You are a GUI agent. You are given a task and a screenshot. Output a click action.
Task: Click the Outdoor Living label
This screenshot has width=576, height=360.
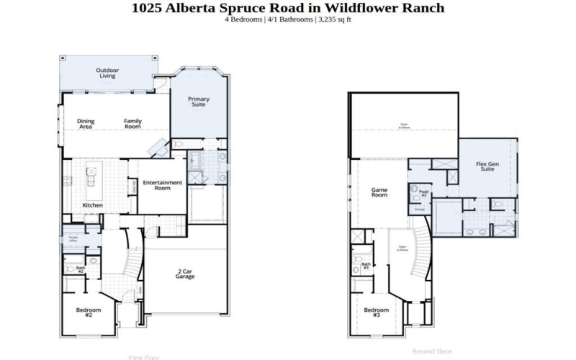click(107, 72)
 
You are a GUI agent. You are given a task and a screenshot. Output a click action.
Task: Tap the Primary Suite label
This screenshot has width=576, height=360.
click(197, 102)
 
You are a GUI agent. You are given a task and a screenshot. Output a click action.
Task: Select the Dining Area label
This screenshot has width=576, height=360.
click(86, 124)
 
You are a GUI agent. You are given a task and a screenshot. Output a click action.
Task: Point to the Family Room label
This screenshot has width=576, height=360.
click(132, 124)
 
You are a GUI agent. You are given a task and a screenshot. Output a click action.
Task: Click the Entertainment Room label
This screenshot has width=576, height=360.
click(162, 185)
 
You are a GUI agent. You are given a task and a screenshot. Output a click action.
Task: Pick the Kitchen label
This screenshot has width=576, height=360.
click(92, 205)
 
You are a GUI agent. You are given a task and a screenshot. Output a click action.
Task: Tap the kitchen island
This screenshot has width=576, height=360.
click(92, 183)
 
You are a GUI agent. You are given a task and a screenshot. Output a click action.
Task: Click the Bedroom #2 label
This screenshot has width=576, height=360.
click(89, 312)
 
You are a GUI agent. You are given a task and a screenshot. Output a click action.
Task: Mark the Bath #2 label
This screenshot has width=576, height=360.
click(81, 269)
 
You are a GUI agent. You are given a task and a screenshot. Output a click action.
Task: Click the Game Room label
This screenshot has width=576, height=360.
click(379, 192)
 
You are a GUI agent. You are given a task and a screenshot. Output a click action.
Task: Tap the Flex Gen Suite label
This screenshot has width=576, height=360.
click(487, 166)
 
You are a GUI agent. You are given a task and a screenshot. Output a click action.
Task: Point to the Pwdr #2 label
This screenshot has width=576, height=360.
click(424, 193)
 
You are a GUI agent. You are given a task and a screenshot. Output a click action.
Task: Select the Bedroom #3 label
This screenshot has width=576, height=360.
click(376, 312)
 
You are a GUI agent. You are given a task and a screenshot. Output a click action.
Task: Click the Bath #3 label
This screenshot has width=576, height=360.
click(366, 266)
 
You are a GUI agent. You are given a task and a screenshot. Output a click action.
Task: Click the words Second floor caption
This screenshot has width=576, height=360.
click(432, 351)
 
